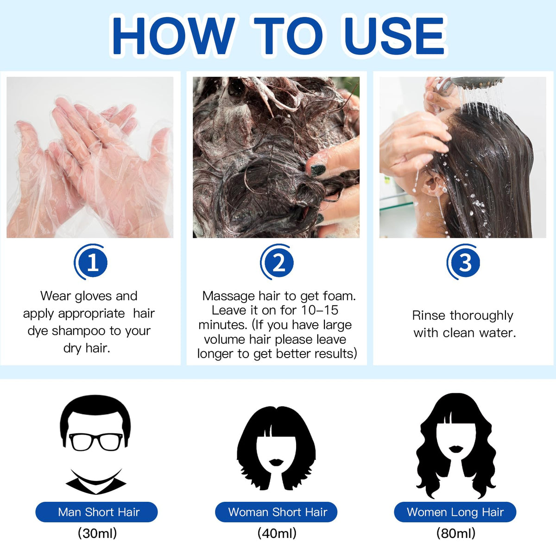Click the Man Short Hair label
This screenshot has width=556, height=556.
pos(96,512)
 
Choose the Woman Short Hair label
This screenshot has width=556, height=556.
pos(276,512)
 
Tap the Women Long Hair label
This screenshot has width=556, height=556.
pos(455,512)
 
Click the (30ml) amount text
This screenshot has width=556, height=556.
pos(97,533)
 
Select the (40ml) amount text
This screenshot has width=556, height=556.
pos(277,533)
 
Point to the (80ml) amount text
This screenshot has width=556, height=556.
pos(455,533)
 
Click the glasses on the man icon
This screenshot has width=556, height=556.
pos(96,442)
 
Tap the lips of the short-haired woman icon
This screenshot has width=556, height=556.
pos(277,462)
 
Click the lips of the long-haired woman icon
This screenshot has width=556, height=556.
pos(456,449)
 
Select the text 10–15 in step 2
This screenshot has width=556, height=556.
pos(319,310)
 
